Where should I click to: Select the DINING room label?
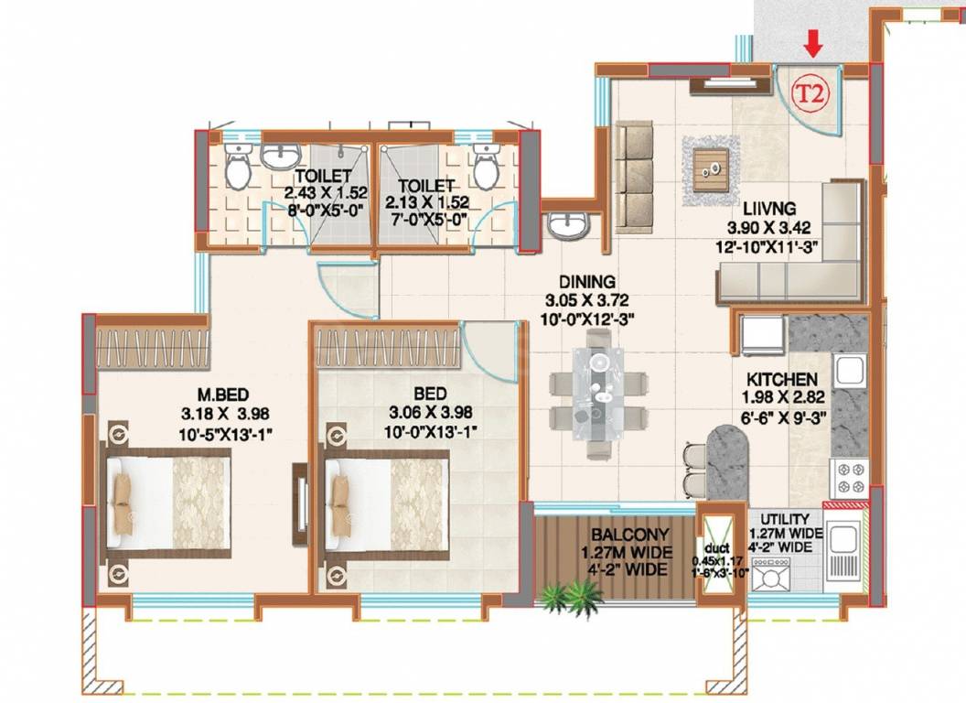pos(589,282)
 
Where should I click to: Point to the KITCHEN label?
pos(776,379)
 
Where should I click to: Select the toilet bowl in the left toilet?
pos(238,168)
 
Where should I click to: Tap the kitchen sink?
pos(848,370)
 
